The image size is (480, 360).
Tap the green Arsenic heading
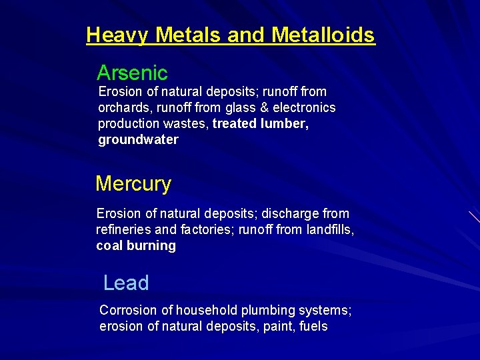coord(132,73)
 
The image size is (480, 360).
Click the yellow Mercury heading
coord(133,183)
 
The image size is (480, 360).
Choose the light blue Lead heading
coord(126,283)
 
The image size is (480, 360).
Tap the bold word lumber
coord(285,123)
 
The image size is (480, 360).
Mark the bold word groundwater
coord(138,139)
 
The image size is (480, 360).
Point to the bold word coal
coord(109,245)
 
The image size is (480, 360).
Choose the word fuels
coord(313,326)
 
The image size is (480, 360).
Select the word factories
coord(203,229)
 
